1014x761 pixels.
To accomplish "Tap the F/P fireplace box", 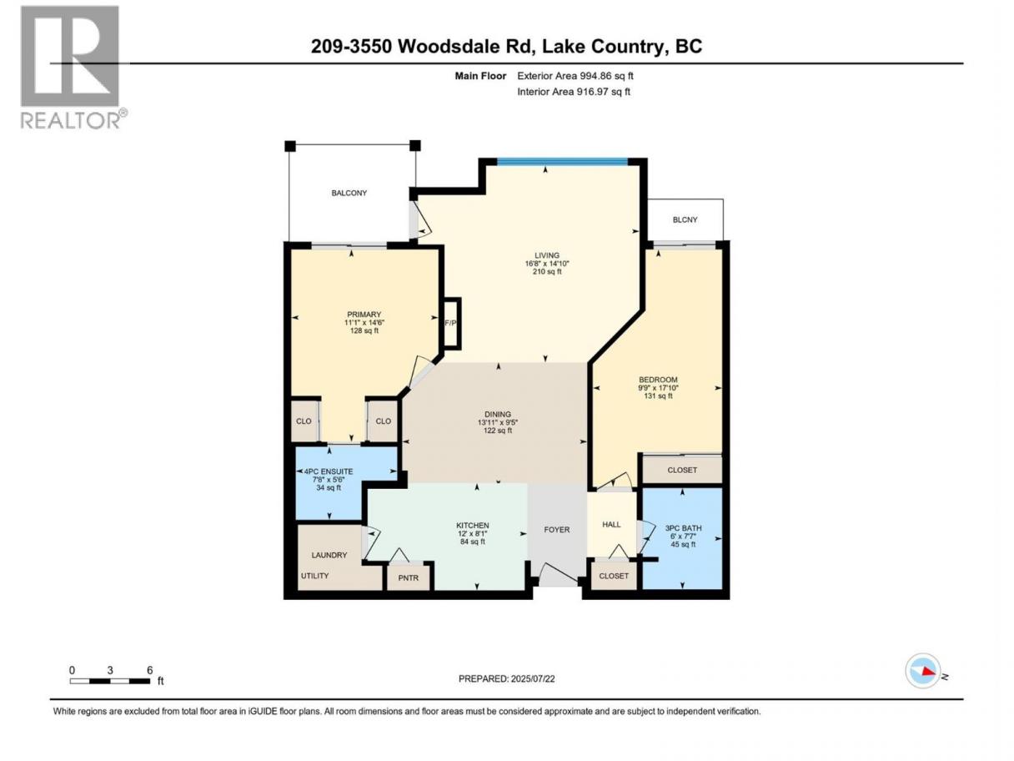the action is tap(451, 323).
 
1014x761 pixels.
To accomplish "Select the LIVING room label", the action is tap(546, 255).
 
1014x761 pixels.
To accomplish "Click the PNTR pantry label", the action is tap(408, 577).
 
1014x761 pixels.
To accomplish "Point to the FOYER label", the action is tap(556, 530).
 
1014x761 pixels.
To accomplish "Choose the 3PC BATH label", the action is tap(683, 527).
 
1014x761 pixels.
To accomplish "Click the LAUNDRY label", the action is tap(329, 555).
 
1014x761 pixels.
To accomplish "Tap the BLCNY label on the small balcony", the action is tap(685, 220).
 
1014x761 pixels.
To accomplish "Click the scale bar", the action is tap(110, 681).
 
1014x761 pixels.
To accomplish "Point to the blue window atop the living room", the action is tap(562, 162).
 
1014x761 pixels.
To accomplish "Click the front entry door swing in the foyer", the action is tap(558, 574).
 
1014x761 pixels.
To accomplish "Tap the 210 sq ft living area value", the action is tap(547, 272).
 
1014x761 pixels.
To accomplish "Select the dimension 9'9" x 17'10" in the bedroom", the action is tap(658, 388).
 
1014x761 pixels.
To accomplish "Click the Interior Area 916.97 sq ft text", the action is tap(573, 92).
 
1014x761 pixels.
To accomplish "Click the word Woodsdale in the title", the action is tap(464, 46).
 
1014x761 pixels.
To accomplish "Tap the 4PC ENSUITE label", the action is tap(328, 471).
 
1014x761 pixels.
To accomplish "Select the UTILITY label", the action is tap(314, 576).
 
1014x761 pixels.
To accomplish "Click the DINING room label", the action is tap(498, 414).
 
